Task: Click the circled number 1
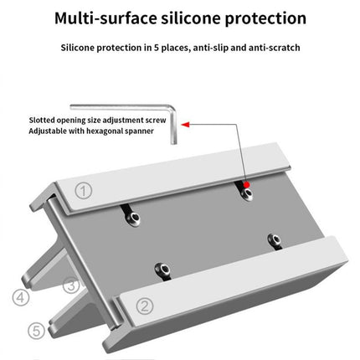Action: (82, 190)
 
